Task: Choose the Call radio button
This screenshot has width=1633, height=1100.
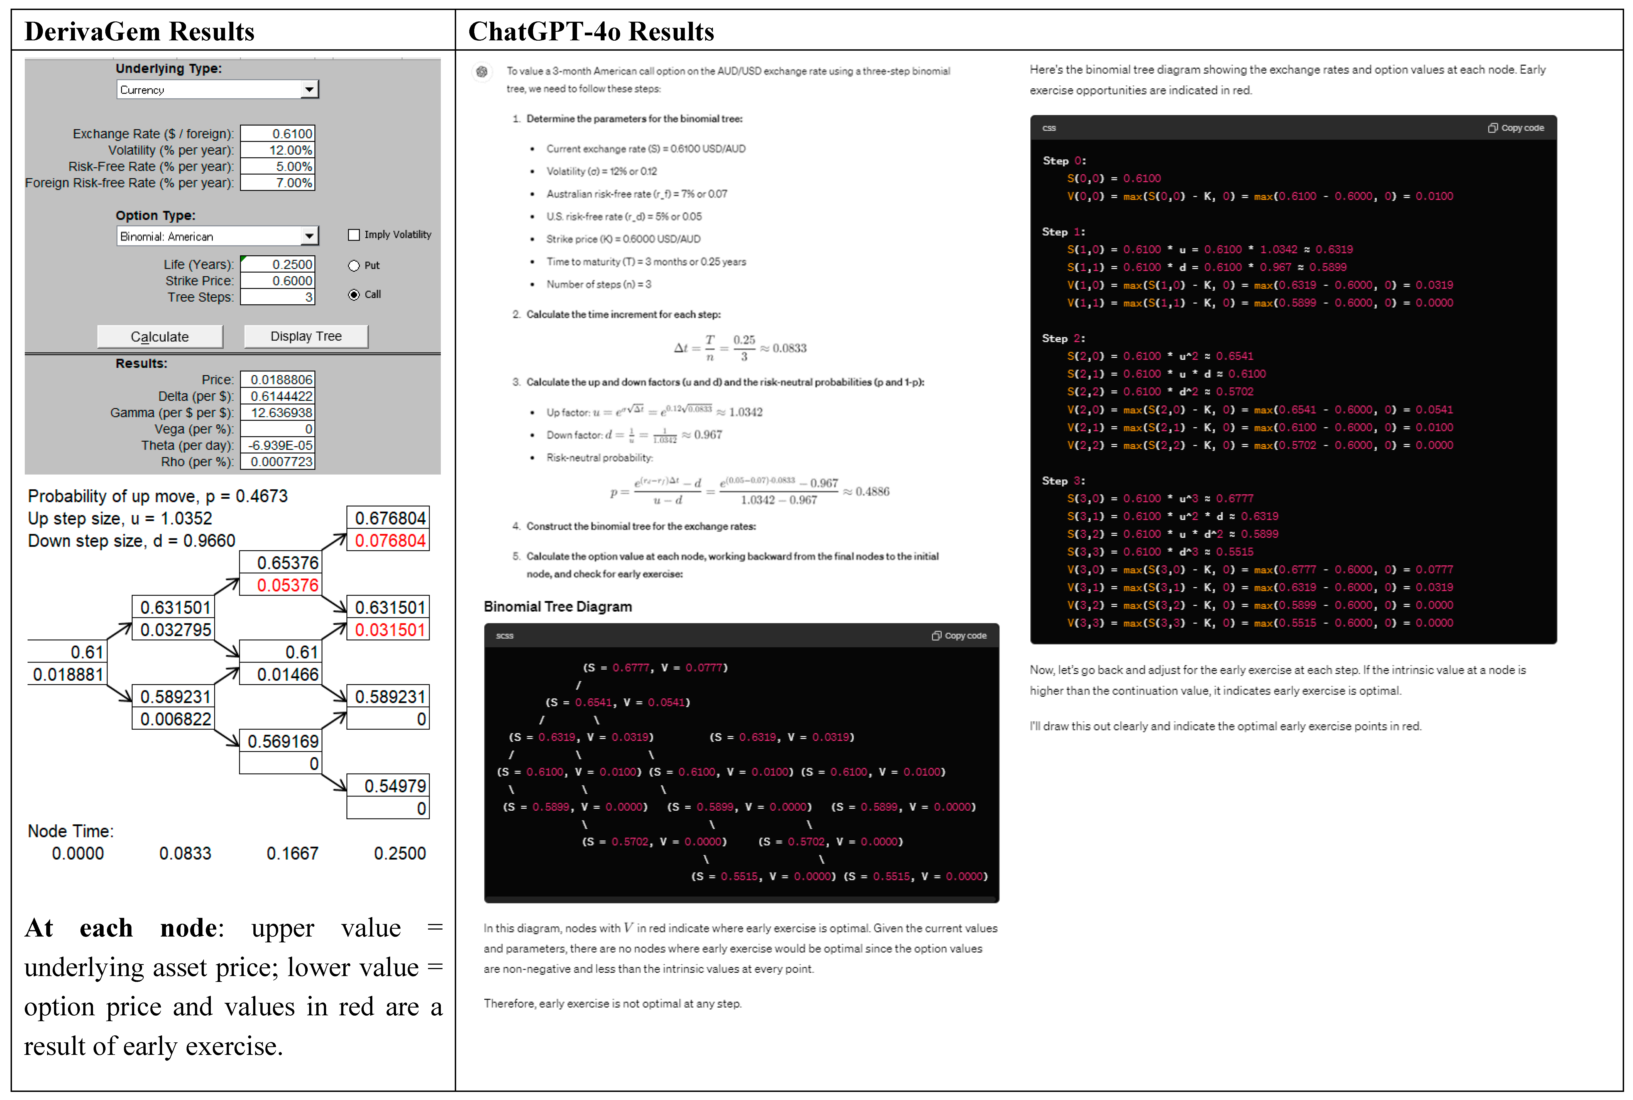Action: coord(354,295)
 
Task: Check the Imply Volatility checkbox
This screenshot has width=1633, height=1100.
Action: coord(354,235)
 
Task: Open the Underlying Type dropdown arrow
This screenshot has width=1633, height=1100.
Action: coord(309,90)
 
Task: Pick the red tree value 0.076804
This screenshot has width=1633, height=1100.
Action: coord(389,541)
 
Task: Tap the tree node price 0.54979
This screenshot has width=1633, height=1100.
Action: coord(389,786)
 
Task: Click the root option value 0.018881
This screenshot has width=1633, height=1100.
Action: coord(68,675)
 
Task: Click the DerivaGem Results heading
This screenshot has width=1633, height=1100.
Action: coord(139,31)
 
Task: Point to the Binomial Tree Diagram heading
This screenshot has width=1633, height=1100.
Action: coord(558,607)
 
